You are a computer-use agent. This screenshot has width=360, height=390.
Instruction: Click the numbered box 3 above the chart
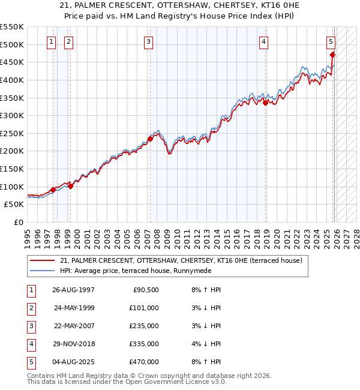pos(148,42)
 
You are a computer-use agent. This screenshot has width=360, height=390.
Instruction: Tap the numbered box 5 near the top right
pos(331,42)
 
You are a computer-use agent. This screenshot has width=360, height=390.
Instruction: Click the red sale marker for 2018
pos(265,103)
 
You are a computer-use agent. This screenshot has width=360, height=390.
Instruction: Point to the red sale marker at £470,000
pos(332,55)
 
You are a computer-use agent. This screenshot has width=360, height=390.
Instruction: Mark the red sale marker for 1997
pos(53,190)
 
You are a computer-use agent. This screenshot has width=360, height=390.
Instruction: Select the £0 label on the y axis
pos(18,222)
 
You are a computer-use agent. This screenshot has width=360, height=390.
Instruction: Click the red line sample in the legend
pos(43,260)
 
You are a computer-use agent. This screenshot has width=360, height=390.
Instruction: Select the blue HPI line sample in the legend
pos(43,271)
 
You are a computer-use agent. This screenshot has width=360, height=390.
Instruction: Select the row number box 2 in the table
pos(30,308)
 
